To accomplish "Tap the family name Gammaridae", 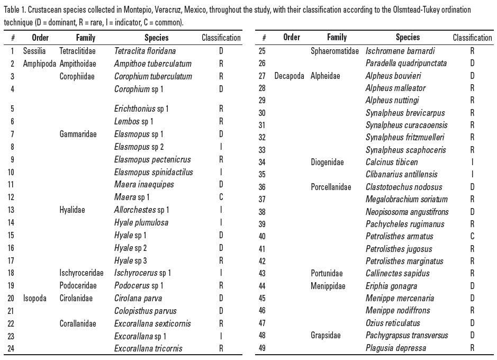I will click(78, 134).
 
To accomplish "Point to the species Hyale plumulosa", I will click(141, 222).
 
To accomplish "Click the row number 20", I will click(12, 298).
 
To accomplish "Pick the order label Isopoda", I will click(35, 298).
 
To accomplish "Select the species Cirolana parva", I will click(138, 298).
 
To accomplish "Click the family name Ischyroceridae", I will click(82, 273).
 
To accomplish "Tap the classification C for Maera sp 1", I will click(221, 197).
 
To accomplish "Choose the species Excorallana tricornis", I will click(148, 348).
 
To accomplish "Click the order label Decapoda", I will click(289, 76).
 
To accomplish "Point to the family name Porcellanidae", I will click(331, 187).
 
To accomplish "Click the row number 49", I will click(261, 348).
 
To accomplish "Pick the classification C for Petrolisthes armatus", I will click(472, 236).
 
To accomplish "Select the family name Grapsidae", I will click(326, 335).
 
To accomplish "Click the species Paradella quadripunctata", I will click(406, 63).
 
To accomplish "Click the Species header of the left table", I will click(156, 38).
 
